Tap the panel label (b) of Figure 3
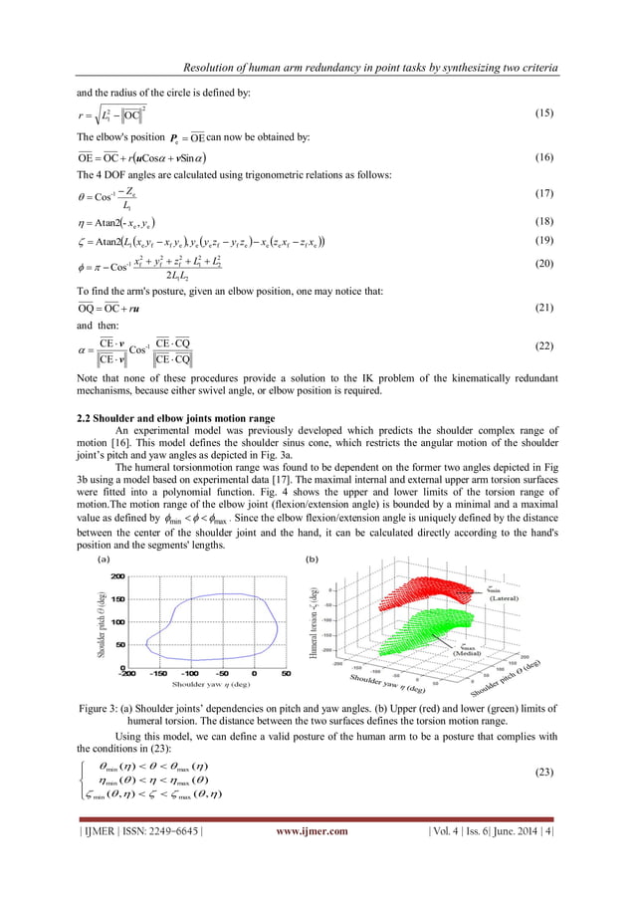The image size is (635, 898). [x=312, y=560]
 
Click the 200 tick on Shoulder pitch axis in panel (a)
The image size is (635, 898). [x=117, y=577]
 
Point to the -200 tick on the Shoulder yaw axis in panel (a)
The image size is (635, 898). [x=128, y=674]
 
